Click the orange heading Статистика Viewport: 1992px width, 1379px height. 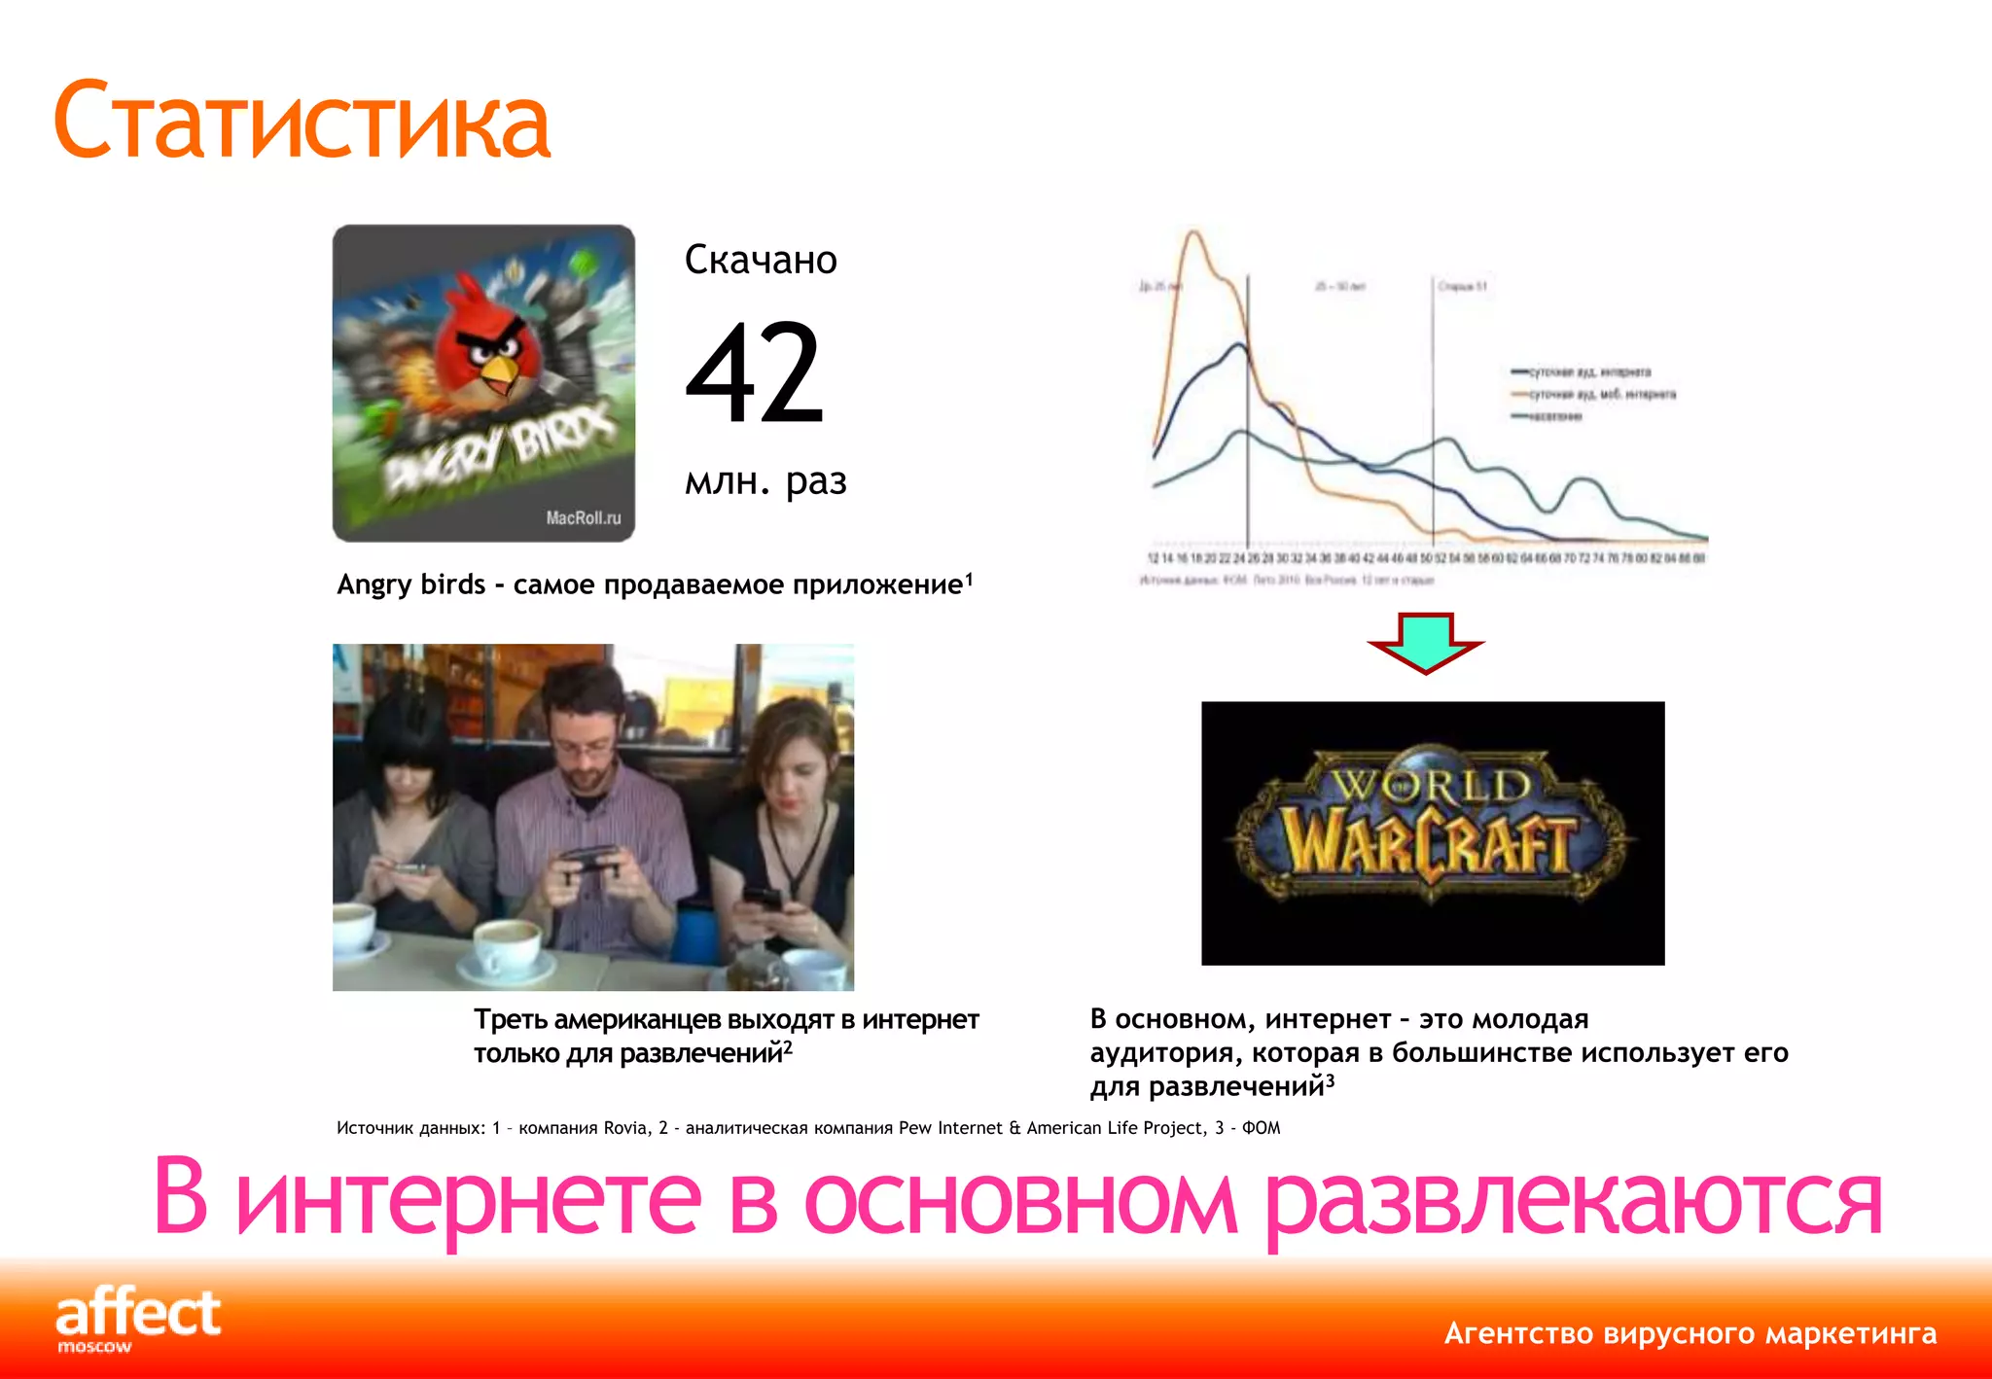[x=302, y=122]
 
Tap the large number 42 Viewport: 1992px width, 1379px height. [x=755, y=374]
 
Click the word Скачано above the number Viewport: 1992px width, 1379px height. [x=761, y=261]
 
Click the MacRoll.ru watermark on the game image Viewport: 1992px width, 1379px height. [x=583, y=518]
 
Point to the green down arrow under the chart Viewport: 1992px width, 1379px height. [x=1425, y=642]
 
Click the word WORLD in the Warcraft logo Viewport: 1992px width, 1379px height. [x=1430, y=784]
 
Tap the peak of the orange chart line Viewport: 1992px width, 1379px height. [x=1193, y=233]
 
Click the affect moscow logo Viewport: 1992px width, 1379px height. [x=138, y=1318]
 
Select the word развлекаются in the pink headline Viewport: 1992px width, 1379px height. [x=1573, y=1201]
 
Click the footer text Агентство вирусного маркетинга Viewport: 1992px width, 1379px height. [x=1690, y=1333]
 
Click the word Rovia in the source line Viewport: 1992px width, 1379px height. [x=625, y=1128]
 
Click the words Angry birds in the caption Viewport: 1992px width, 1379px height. [x=410, y=584]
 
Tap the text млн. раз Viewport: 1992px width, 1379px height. [x=765, y=481]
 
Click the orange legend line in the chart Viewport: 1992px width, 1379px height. [x=1519, y=395]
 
